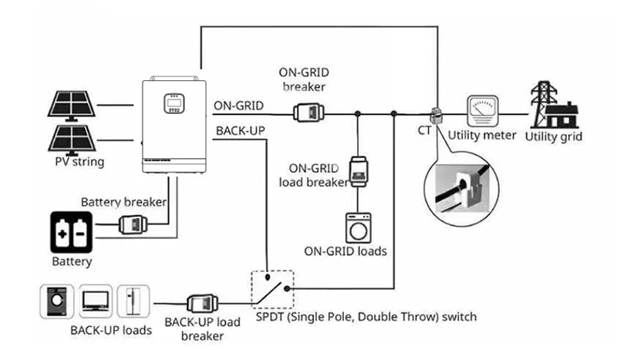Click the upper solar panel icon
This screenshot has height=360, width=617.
click(x=71, y=106)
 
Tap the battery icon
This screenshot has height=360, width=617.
click(x=71, y=232)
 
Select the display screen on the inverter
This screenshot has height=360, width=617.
click(x=174, y=103)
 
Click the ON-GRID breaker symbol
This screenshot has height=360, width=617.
click(x=309, y=113)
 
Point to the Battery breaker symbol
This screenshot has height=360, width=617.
click(x=133, y=224)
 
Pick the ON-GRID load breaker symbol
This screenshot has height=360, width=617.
click(x=358, y=172)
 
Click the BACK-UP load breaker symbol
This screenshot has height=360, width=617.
click(x=202, y=304)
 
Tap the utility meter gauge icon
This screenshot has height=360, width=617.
click(x=483, y=110)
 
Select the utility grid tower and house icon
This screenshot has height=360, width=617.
click(x=555, y=105)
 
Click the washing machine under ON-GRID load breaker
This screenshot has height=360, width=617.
click(x=359, y=228)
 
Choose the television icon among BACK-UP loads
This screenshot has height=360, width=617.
click(x=96, y=301)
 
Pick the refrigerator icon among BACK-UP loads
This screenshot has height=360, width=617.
click(x=133, y=301)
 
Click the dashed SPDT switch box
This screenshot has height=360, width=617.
click(x=272, y=289)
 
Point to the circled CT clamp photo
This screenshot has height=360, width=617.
click(x=462, y=189)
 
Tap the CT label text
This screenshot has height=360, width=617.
click(x=424, y=130)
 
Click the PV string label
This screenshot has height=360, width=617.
click(x=79, y=162)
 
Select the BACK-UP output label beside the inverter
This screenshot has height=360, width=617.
click(x=241, y=130)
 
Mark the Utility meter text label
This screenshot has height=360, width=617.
click(x=482, y=136)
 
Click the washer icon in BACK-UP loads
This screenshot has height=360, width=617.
click(x=57, y=301)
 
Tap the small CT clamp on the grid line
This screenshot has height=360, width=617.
click(x=436, y=116)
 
